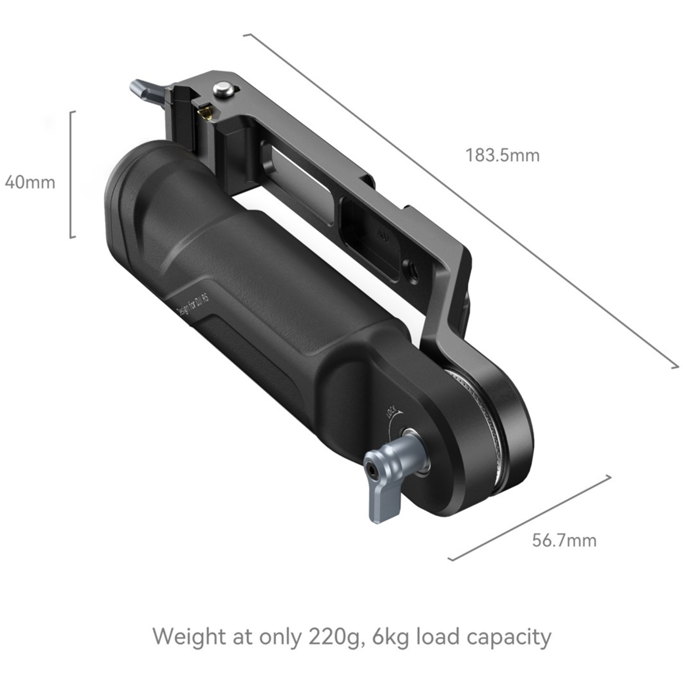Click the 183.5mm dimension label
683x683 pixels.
(502, 155)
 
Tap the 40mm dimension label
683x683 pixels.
(30, 183)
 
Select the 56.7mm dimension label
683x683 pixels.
(564, 540)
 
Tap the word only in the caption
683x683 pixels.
(280, 637)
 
